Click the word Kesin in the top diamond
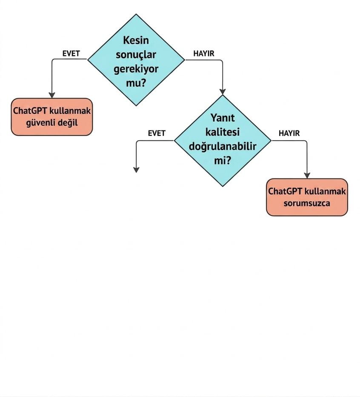point(136,40)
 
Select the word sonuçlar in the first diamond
point(136,55)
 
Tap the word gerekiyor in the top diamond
point(136,69)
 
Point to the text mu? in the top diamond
point(136,83)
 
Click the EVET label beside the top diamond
point(71,54)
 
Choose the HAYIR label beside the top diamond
point(204,54)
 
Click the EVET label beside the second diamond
point(157,133)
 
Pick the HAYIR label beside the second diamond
point(289,133)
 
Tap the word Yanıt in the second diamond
point(223,118)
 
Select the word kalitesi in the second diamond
point(223,132)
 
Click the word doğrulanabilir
point(223,146)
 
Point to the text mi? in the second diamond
point(223,161)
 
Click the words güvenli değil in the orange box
point(52,123)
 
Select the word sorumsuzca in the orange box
point(307,203)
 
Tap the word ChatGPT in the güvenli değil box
point(30,111)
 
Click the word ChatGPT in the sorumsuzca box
point(285,191)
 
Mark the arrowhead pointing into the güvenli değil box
point(52,95)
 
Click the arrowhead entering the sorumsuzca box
point(307,176)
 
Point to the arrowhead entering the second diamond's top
point(223,92)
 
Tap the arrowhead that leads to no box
point(137,170)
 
